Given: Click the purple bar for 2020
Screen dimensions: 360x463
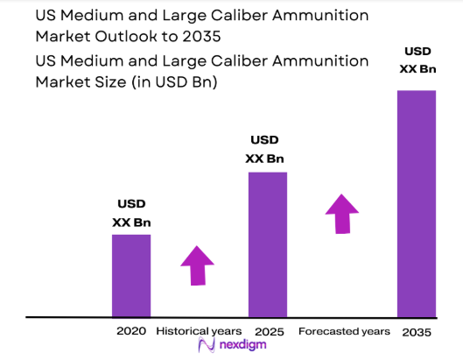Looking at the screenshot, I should click(x=131, y=275).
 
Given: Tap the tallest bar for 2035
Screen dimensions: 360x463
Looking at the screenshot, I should click(x=416, y=202).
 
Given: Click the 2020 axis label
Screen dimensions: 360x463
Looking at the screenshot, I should click(x=131, y=332).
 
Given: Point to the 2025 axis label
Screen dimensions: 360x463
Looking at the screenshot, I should click(x=268, y=332).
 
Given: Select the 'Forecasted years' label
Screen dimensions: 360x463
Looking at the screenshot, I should click(x=344, y=332).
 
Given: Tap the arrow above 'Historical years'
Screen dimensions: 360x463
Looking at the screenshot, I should click(x=197, y=265).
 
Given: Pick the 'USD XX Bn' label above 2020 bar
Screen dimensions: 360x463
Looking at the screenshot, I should click(x=131, y=213).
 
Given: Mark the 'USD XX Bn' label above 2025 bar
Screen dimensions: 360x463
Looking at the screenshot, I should click(x=264, y=149).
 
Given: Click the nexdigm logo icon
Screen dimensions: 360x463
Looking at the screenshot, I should click(x=207, y=347).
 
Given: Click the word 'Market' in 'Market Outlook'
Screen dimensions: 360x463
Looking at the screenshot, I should click(x=61, y=38).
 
